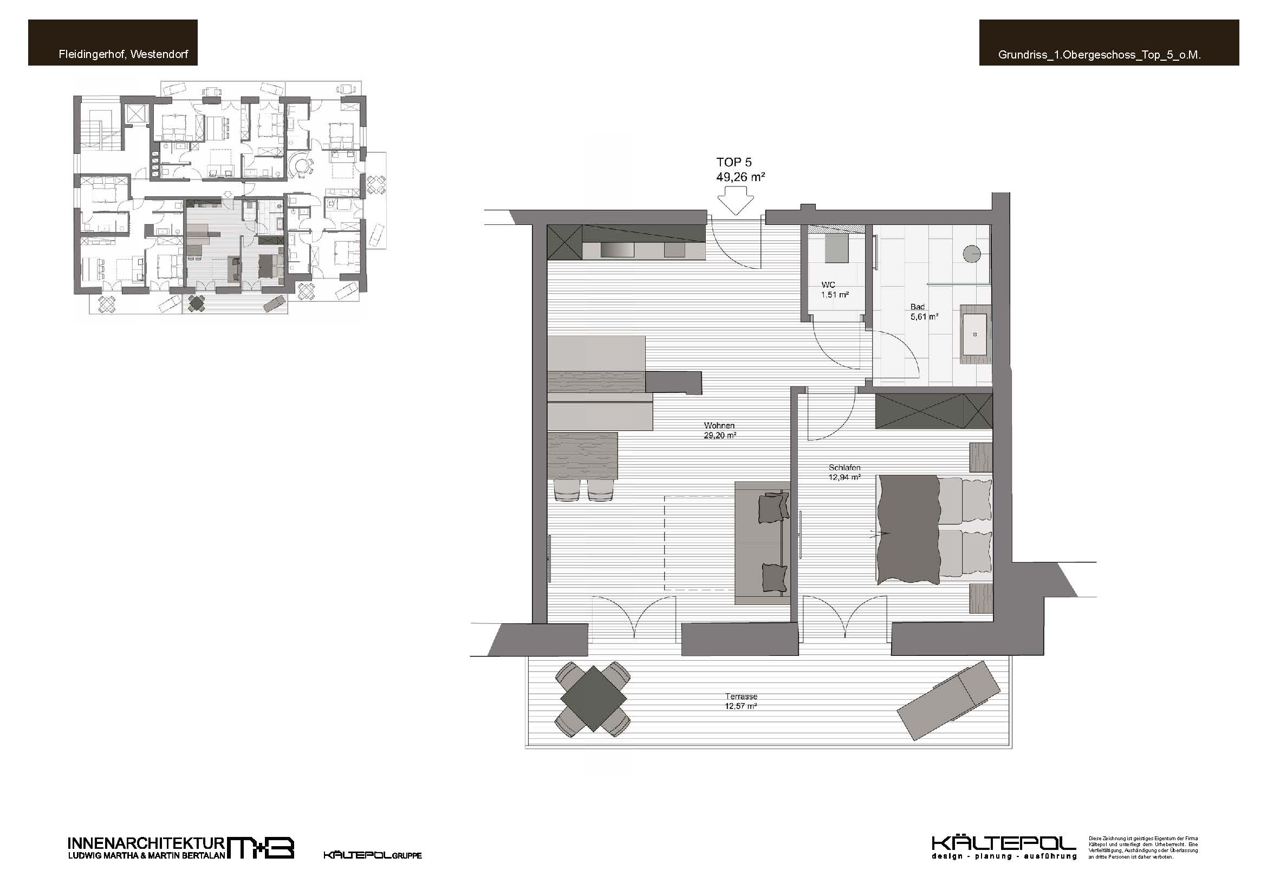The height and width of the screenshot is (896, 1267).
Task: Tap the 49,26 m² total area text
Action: (740, 177)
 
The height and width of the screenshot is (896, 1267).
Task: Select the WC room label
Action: (828, 285)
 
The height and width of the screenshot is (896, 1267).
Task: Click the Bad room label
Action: (917, 307)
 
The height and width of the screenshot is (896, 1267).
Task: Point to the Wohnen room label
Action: (719, 426)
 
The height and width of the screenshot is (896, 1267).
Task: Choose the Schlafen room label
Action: (844, 468)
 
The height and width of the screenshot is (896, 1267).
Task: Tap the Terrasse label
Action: (741, 697)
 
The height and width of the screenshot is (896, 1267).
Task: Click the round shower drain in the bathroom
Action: (972, 253)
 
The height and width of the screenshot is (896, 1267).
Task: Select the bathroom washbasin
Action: (976, 334)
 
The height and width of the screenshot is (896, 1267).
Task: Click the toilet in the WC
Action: (837, 248)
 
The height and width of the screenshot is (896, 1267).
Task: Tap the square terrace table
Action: (593, 698)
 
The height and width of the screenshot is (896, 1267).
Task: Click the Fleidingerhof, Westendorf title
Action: (124, 55)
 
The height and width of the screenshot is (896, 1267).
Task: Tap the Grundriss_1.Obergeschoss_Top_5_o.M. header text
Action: (1100, 55)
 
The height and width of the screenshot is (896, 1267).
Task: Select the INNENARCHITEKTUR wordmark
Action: (146, 843)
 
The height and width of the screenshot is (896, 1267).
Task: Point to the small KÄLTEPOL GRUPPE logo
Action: (373, 855)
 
